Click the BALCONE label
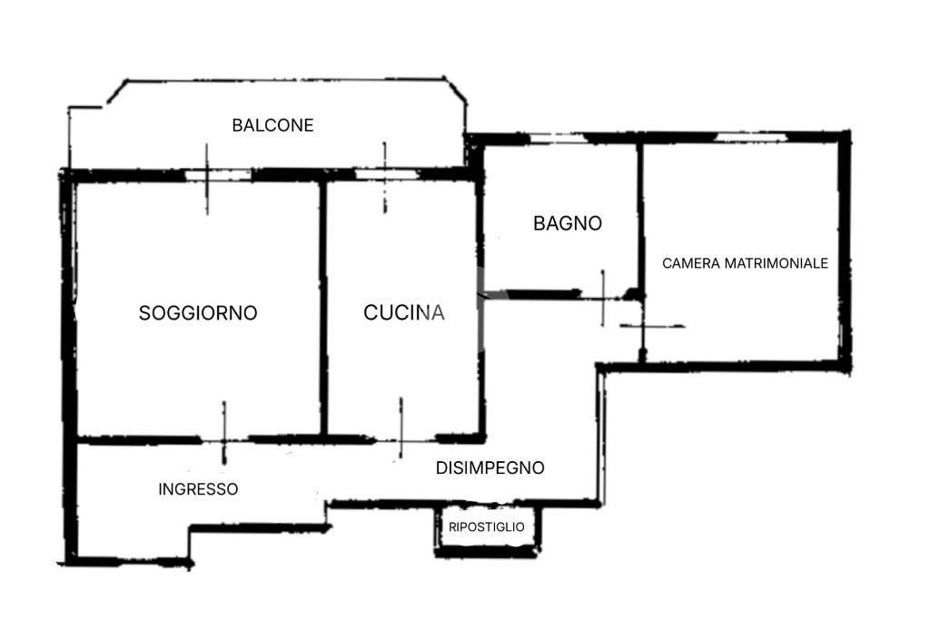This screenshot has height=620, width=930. coord(272,125)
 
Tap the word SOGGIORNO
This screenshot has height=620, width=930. coord(198,313)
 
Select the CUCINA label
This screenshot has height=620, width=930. coord(404,313)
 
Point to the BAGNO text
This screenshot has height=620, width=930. coord(568,223)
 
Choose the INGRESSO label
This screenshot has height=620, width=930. coord(198,489)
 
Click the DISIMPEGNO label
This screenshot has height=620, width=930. coord(490,468)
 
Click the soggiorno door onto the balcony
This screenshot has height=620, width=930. coord(207,175)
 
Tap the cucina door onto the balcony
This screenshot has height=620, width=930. coord(384,175)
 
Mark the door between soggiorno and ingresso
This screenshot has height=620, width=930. coord(224,440)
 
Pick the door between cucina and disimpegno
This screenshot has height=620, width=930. coord(401,439)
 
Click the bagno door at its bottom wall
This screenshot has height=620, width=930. coord(603,294)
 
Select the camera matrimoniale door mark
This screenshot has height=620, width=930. coord(644,326)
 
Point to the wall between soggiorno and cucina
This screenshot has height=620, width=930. coord(322,309)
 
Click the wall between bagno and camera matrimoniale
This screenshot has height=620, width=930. coord(641,218)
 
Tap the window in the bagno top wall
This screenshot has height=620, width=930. coord(556,139)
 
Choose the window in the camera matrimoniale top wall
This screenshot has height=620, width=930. coord(750,137)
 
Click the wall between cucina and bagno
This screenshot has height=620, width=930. coord(480,227)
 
